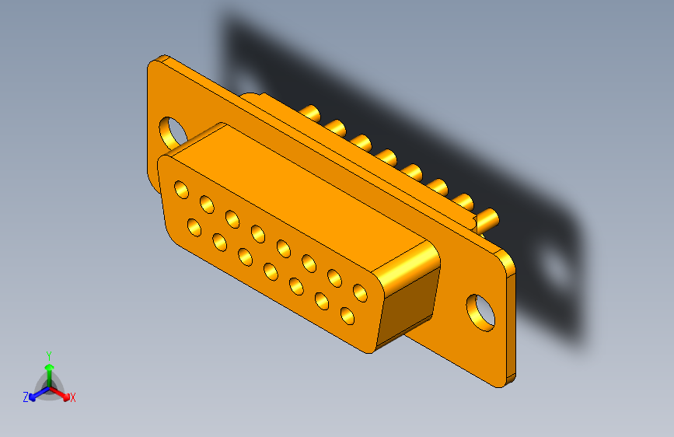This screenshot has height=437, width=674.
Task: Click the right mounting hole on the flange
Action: [481, 311]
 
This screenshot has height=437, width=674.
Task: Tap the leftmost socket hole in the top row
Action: [181, 189]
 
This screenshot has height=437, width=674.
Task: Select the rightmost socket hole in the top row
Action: [360, 293]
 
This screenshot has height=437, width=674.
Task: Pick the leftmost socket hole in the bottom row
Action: [194, 228]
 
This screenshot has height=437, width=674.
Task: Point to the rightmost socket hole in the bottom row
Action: [347, 316]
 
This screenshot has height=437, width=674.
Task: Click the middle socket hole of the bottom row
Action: [271, 271]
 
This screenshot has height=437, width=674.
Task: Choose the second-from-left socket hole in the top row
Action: [207, 204]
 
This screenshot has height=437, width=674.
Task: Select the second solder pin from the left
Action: [336, 126]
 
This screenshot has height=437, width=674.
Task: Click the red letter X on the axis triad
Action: [73, 397]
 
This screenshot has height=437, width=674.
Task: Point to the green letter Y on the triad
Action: [49, 354]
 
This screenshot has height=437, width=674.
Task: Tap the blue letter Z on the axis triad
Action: [26, 397]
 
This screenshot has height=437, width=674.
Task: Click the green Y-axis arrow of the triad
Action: [49, 372]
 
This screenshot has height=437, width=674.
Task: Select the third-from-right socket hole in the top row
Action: [309, 263]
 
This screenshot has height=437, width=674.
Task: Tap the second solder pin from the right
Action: [463, 201]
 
